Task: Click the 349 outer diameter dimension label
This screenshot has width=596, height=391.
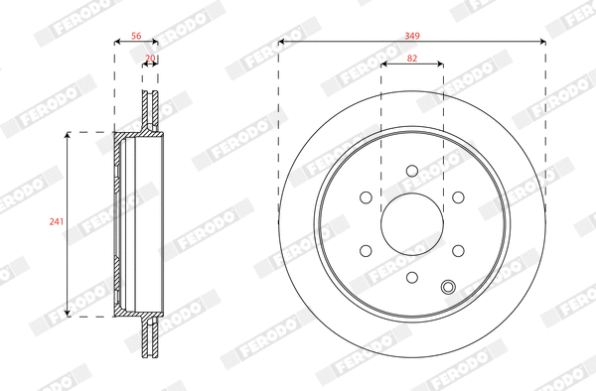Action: [412, 36]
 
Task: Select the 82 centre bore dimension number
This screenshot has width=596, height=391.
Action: [412, 59]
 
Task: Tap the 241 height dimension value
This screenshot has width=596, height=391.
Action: [56, 222]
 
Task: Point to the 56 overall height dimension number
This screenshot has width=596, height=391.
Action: [137, 36]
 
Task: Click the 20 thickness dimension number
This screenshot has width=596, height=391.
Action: [150, 59]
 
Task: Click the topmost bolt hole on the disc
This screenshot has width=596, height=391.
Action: [411, 171]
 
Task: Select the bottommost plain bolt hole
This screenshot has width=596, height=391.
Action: [411, 276]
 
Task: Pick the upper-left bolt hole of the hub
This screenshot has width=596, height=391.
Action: [366, 196]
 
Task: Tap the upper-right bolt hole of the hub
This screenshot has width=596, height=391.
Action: [457, 196]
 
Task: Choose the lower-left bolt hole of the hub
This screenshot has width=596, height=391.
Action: [366, 249]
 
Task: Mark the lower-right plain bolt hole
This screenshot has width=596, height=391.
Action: [457, 249]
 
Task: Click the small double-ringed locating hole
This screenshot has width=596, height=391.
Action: [448, 288]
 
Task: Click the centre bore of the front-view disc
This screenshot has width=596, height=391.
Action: [411, 223]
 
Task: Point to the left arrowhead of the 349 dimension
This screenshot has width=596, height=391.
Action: [281, 42]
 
